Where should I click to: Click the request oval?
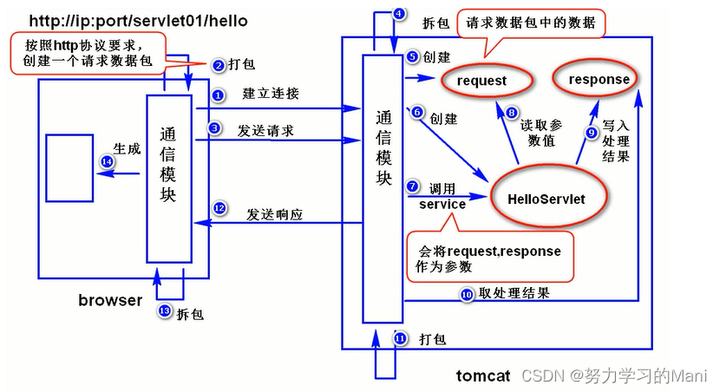click(486, 81)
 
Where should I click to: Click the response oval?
click(599, 80)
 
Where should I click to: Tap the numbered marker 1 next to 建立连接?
click(218, 94)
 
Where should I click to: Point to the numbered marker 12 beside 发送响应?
click(219, 208)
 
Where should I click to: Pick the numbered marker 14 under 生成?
click(107, 161)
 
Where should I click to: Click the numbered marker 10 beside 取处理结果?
click(466, 294)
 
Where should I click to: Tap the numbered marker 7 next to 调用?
click(412, 186)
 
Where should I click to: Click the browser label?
click(109, 300)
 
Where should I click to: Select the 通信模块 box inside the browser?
click(168, 166)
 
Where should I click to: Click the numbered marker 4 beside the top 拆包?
click(398, 13)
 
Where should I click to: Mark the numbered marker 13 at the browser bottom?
click(164, 311)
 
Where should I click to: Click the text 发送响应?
click(275, 212)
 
